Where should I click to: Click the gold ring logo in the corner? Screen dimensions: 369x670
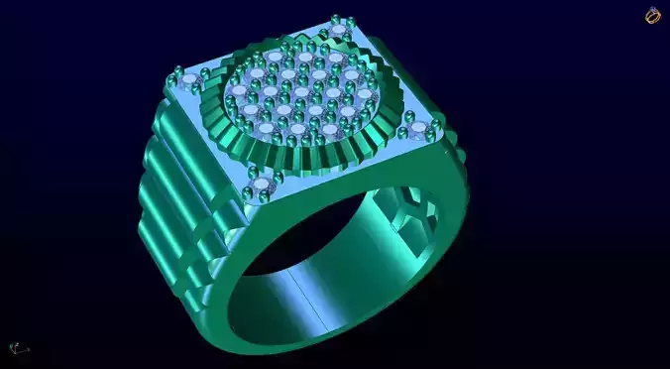point(652,15)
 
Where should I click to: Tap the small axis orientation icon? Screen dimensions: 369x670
point(17,348)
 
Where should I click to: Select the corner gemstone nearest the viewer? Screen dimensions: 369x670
point(263,185)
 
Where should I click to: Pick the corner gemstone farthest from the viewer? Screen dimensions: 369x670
point(341,30)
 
